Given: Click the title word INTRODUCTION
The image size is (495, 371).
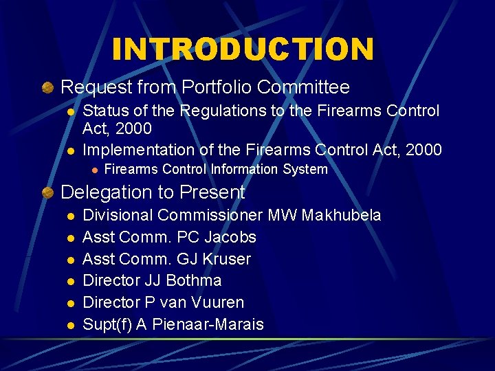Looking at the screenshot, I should [x=243, y=49].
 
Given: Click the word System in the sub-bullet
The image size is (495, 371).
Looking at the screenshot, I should [x=306, y=169].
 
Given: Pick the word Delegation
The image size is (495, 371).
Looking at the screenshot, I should [x=102, y=192].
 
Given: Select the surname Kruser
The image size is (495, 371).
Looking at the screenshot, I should [x=225, y=259].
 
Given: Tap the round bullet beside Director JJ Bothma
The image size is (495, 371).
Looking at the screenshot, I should [x=69, y=281].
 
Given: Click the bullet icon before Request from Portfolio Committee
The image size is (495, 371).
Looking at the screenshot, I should [x=47, y=88].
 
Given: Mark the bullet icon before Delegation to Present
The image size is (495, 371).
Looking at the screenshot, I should [x=47, y=193].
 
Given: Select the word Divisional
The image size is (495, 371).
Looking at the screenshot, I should [x=118, y=215].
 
